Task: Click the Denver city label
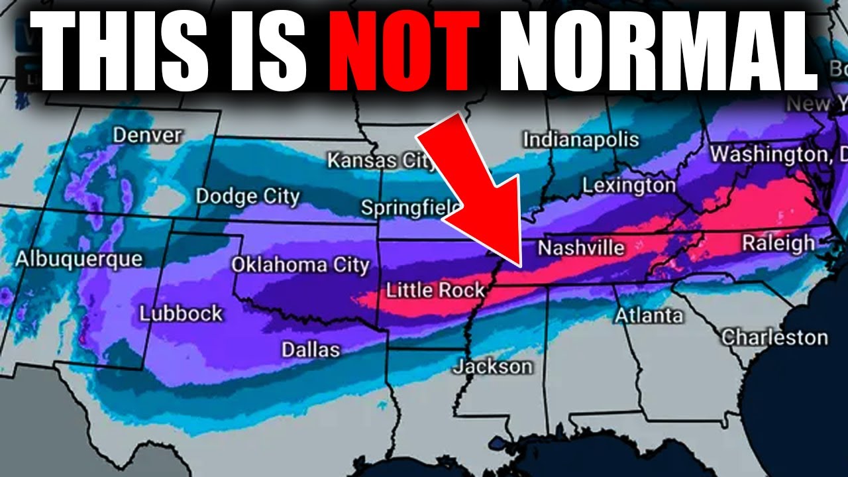147,136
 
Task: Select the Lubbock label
181,313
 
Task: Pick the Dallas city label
311,349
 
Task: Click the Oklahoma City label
299,265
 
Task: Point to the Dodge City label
248,197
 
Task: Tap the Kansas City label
380,160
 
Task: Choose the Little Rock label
435,290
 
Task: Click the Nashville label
581,248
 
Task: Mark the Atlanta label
649,315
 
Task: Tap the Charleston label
774,337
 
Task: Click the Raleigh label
778,242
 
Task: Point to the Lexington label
629,186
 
